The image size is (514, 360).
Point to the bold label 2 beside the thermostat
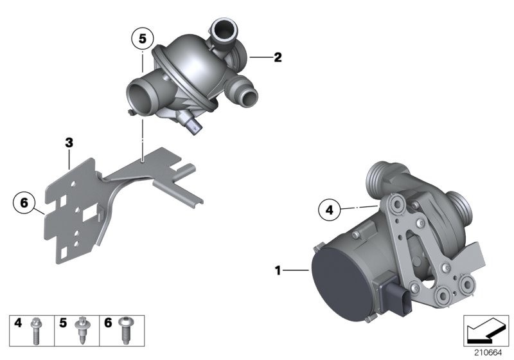(x=278, y=58)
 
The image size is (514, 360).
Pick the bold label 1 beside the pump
(x=278, y=271)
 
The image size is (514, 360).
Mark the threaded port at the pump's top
(x=378, y=175)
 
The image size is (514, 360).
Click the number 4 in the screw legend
(x=18, y=323)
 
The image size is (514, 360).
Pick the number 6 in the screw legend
(x=107, y=323)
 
